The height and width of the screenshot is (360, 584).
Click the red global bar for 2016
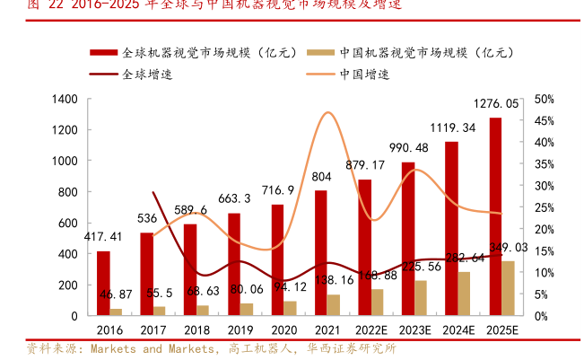103,284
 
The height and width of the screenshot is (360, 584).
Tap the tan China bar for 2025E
508,288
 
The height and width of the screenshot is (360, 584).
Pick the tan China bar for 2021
333,305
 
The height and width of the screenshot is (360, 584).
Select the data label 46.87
116,294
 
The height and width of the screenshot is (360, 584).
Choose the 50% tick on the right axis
544,99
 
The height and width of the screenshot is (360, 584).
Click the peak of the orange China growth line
327,113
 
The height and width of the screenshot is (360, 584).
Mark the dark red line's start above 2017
153,191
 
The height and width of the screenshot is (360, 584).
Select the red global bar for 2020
277,260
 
